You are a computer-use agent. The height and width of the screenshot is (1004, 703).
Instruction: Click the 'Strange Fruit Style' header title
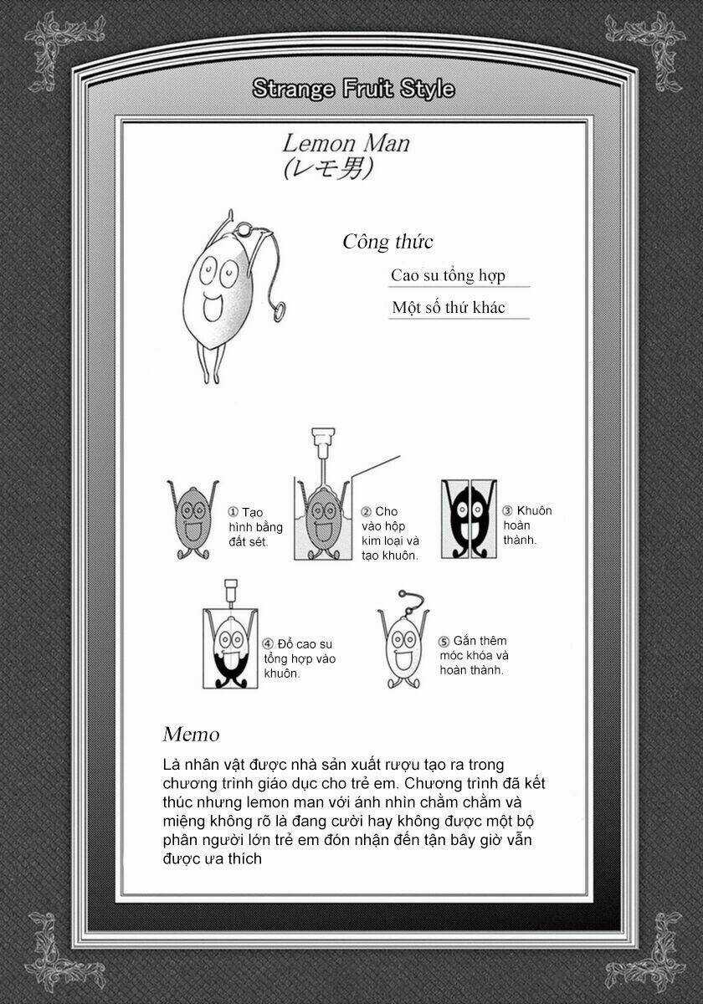352,89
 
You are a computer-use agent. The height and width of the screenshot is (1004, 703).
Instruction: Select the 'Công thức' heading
387,242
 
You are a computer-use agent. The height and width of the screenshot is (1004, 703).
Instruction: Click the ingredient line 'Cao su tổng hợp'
448,275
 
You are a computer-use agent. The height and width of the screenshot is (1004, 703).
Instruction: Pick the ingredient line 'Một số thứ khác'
448,308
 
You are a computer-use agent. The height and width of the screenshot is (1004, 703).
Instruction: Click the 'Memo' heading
191,735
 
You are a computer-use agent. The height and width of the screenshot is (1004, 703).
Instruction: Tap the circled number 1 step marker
233,512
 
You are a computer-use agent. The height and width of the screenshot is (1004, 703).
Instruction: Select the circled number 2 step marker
366,512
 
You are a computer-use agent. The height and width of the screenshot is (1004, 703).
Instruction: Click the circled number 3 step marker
507,511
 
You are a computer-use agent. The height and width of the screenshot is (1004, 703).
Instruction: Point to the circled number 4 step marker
268,643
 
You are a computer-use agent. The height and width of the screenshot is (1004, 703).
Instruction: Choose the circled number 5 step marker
444,642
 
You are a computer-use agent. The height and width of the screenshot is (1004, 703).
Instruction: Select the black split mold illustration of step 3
468,519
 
